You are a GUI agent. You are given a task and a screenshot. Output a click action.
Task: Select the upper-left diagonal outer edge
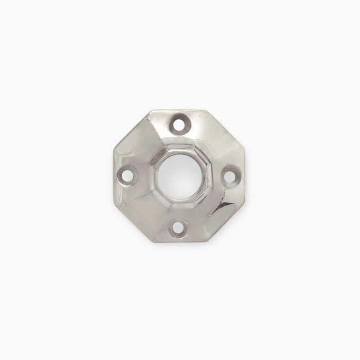[x=131, y=129]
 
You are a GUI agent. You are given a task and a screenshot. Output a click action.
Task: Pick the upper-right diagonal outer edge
[x=226, y=128]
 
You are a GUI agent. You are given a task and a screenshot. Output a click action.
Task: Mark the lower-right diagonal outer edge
[x=229, y=222]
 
